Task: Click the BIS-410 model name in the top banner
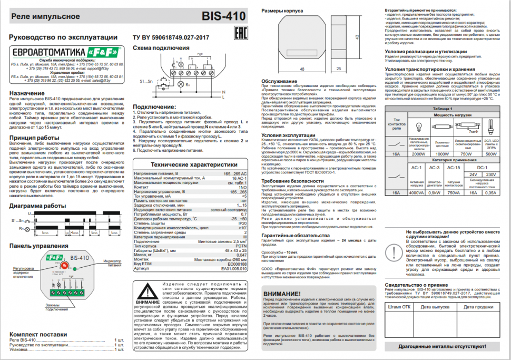coord(223,16)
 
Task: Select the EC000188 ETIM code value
coord(236,264)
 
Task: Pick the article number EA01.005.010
coord(234,268)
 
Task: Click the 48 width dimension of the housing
coord(302,69)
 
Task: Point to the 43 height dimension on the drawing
coord(357,37)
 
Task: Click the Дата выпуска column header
coord(439,306)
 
